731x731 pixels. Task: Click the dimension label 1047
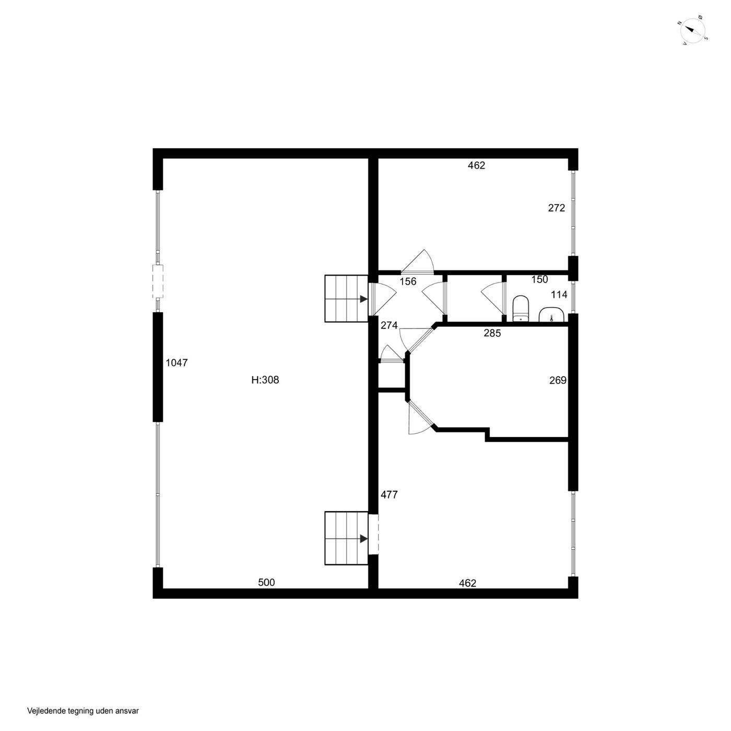point(177,363)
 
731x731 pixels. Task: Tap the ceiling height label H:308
point(265,380)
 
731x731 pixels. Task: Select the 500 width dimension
point(266,582)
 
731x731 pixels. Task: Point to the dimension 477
point(389,494)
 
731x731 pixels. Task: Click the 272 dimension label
point(557,208)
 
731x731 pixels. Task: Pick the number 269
point(558,380)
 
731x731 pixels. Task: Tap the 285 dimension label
point(492,333)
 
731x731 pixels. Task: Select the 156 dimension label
point(408,281)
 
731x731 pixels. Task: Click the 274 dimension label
point(389,325)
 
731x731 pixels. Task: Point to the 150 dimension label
point(539,279)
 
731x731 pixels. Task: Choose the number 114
point(559,294)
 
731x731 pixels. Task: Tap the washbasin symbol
point(551,315)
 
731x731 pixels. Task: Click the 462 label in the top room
point(477,166)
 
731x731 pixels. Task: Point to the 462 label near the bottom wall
point(467,583)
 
